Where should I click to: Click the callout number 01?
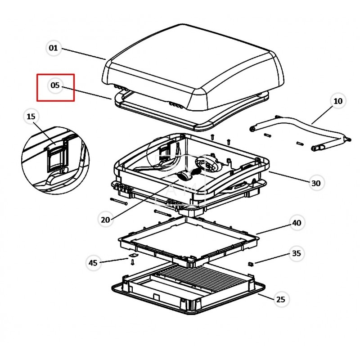click(53, 48)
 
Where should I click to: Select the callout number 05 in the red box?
click(55, 85)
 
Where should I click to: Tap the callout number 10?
click(338, 101)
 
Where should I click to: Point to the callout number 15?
click(31, 117)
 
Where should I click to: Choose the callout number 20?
click(105, 220)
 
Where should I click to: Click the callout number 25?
click(280, 299)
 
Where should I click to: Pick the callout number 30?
click(316, 183)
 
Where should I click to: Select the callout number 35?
click(297, 253)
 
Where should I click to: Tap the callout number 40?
click(297, 223)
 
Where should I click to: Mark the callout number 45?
click(93, 263)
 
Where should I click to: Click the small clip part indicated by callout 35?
click(251, 264)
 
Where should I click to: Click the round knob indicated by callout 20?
click(183, 176)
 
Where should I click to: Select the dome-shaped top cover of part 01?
click(193, 67)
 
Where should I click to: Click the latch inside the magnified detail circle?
click(56, 158)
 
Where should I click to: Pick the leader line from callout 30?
click(289, 177)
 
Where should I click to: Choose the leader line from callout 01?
click(84, 54)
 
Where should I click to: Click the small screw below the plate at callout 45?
click(132, 262)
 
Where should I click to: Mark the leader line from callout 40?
click(274, 229)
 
